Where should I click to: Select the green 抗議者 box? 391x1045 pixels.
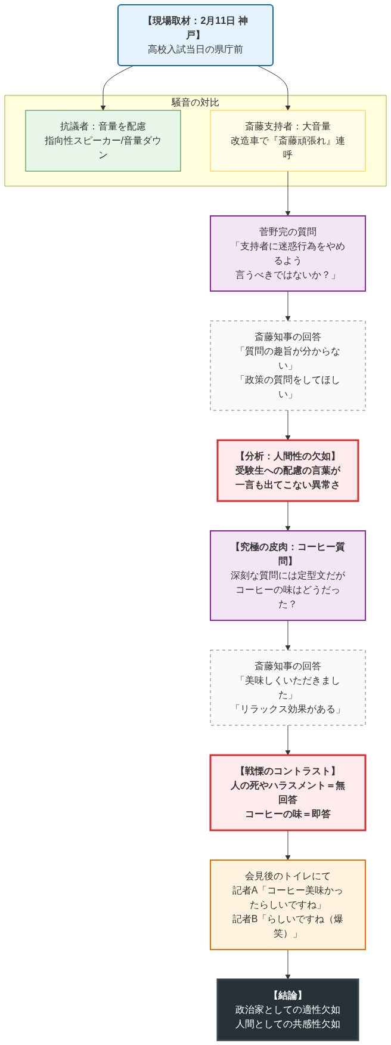point(103,141)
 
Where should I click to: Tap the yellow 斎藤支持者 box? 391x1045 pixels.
point(287,141)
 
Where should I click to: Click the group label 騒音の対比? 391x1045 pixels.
point(195,102)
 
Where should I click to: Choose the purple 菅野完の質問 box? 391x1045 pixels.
point(287,253)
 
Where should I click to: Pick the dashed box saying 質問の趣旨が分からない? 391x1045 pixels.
point(287,366)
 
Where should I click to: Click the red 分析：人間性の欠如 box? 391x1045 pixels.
point(287,471)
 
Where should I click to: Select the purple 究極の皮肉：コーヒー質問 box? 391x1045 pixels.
point(287,576)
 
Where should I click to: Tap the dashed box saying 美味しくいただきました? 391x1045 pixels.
point(287,688)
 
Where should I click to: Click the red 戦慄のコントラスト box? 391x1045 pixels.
point(287,793)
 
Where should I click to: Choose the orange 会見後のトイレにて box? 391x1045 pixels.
point(287,905)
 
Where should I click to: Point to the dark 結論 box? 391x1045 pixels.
point(287,1010)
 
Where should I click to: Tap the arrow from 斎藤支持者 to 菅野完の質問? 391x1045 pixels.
point(288,194)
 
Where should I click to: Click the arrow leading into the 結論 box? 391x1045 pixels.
point(288,964)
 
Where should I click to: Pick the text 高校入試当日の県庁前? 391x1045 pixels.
point(195,50)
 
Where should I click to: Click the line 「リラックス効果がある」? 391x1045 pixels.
point(287,709)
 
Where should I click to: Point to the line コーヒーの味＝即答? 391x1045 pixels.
point(287,814)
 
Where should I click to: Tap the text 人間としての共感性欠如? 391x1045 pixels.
point(287,1024)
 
